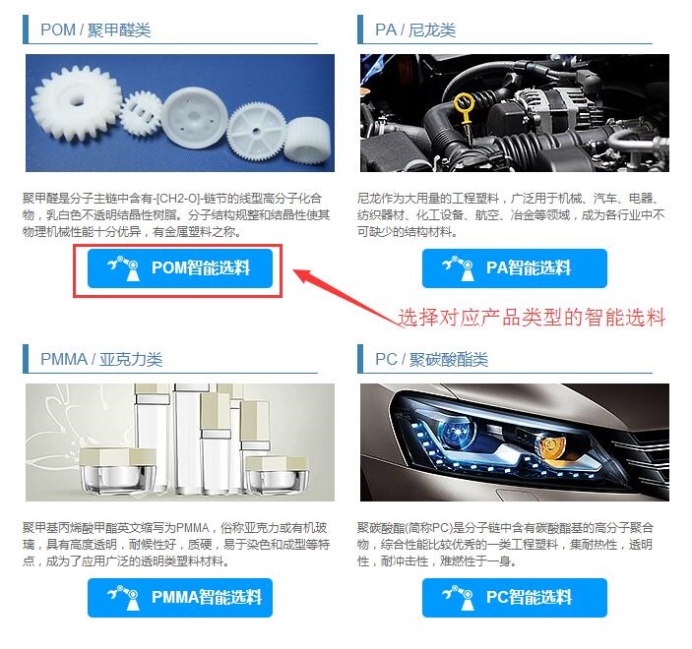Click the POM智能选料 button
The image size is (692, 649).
(x=180, y=268)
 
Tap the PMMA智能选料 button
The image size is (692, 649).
(x=180, y=598)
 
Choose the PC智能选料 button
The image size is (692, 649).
(x=515, y=598)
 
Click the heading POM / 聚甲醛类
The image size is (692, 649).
(x=95, y=29)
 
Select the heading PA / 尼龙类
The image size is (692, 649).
(x=414, y=29)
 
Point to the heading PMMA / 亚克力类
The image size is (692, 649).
(x=101, y=359)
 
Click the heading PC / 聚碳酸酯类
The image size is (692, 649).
(x=431, y=359)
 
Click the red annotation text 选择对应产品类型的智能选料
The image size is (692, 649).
(x=532, y=318)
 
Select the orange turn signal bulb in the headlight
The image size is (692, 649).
(x=552, y=446)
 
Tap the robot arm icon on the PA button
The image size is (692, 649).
(x=458, y=268)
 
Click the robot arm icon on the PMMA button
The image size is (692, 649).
(x=123, y=598)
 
